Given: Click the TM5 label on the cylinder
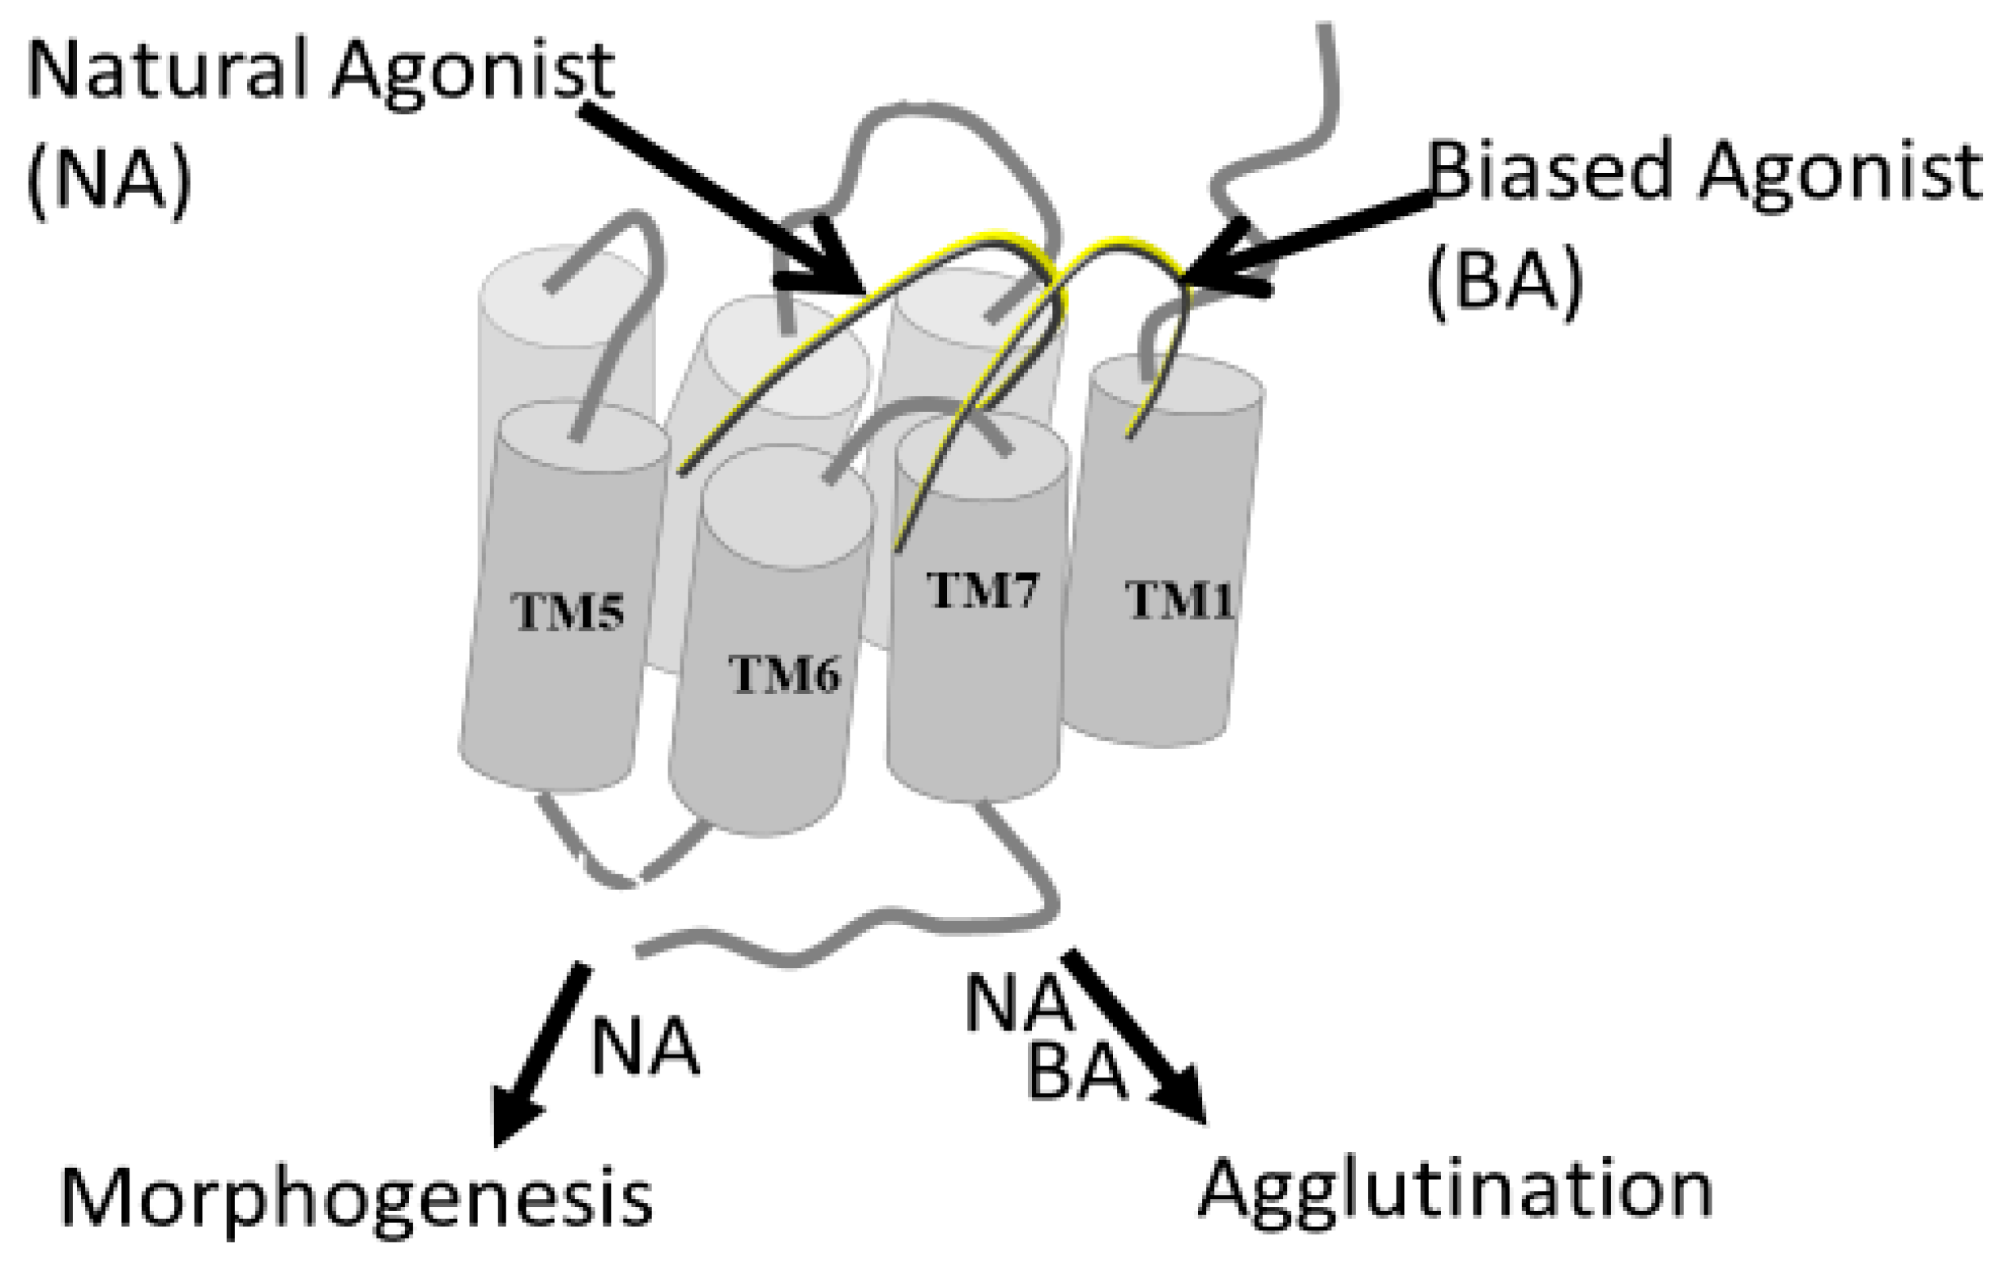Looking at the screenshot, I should (x=568, y=613).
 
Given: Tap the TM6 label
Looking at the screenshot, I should (x=785, y=674).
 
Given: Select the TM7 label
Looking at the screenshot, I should (x=982, y=591).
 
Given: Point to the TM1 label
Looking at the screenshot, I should (x=1180, y=600).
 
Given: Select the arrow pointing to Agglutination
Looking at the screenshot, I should (x=1139, y=1040).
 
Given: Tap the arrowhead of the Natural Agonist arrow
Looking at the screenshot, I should (x=828, y=266).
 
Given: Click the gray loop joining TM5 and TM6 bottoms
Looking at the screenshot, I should (x=624, y=865).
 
